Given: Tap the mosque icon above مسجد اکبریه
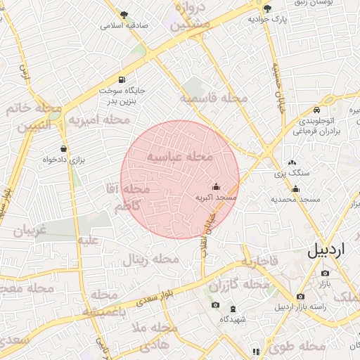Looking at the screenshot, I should click(x=215, y=187).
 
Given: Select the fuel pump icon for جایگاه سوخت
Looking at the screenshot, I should click(x=123, y=79).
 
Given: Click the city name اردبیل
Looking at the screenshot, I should click(x=328, y=252).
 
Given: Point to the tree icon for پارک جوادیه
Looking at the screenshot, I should click(x=267, y=8).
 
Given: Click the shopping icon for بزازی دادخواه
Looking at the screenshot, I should click(x=65, y=148).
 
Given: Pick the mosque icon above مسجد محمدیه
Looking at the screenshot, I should click(x=296, y=188).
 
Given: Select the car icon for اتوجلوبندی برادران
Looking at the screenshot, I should click(x=317, y=110).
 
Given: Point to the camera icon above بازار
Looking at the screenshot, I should click(x=325, y=272).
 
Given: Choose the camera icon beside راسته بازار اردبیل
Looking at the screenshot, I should click(x=301, y=296).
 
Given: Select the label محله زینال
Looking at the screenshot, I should click(x=151, y=260).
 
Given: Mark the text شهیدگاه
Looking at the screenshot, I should click(x=233, y=319).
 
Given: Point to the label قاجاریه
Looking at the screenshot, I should click(x=261, y=262).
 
